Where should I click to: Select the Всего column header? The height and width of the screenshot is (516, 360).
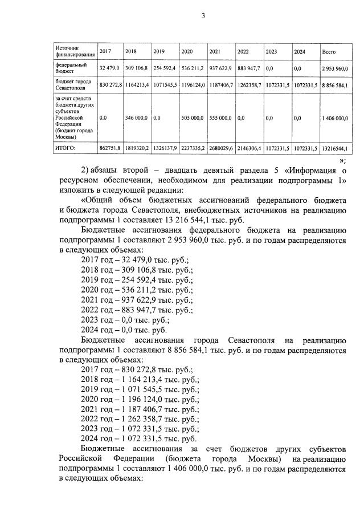(329, 52)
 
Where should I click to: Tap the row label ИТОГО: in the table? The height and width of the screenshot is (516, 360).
(66, 148)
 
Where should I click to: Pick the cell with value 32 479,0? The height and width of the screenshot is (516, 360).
(109, 68)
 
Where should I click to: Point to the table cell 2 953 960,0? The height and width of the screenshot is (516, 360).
(334, 68)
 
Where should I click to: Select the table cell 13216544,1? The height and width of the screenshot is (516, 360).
(334, 148)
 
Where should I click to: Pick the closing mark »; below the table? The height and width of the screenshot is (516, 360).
(342, 160)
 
